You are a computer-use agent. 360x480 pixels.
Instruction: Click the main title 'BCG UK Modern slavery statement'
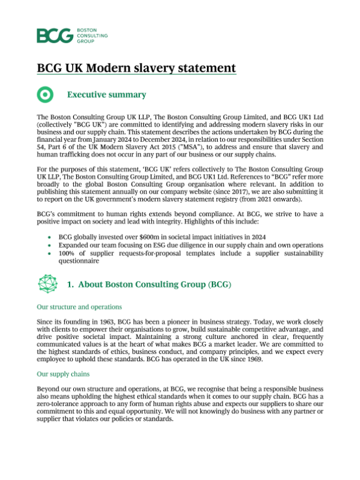(136, 67)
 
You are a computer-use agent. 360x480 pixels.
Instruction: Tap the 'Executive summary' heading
(106, 95)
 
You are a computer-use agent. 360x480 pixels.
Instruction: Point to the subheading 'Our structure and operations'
(79, 307)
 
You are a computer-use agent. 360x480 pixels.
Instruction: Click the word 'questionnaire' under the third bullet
(79, 262)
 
